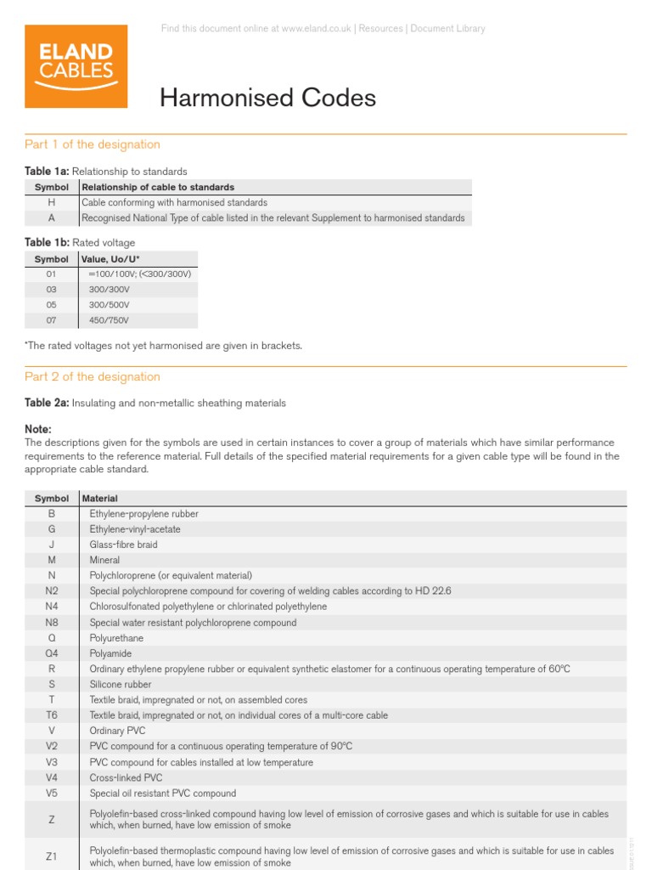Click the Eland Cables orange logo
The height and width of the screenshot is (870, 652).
coord(76,66)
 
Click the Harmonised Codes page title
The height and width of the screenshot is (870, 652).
coord(267,99)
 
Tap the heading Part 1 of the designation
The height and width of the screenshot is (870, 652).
coord(92,144)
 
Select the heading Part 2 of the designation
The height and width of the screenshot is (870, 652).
coord(92,376)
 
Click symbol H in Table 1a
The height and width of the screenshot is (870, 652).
coord(51,202)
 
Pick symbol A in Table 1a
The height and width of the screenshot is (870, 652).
coord(51,217)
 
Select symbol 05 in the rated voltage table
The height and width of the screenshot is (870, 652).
coord(51,305)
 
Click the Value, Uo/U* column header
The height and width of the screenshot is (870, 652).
coord(110,259)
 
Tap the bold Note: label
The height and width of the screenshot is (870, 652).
coord(38,429)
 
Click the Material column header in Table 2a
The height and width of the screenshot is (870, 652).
coord(99,498)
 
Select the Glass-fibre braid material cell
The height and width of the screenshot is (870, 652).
coord(123,545)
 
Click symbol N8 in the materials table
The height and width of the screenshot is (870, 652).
coord(51,623)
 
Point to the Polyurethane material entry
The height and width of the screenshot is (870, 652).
coord(116,638)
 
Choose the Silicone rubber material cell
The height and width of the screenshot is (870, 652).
coord(121,684)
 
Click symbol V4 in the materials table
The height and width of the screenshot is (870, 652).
coord(51,777)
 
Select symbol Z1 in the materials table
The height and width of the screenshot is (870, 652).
coord(51,856)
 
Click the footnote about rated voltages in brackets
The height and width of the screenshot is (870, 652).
coord(163,346)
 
